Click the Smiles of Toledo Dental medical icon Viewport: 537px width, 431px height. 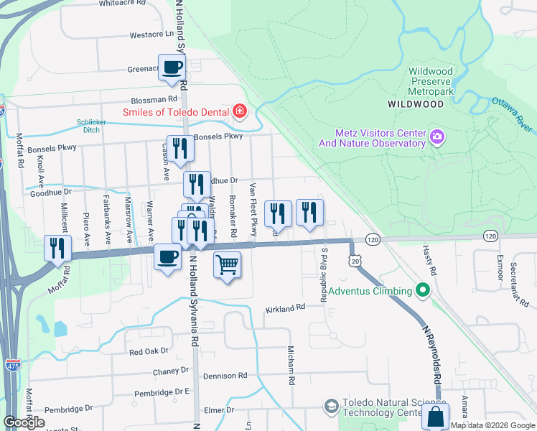[239, 112]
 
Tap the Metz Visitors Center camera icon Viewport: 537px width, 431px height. [436, 136]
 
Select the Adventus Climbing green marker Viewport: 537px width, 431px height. [423, 291]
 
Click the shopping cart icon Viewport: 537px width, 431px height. [227, 264]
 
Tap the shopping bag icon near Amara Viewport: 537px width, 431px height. [435, 417]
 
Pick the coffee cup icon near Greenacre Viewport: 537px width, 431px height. [172, 68]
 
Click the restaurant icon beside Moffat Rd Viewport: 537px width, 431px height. [57, 248]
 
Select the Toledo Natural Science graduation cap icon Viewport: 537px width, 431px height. [331, 407]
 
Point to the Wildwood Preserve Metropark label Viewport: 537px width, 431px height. [431, 82]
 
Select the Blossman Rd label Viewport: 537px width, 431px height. [154, 100]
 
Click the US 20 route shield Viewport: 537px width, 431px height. [355, 262]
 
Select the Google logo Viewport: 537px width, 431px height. [24, 422]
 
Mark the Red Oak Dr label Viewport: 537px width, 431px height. [148, 352]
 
